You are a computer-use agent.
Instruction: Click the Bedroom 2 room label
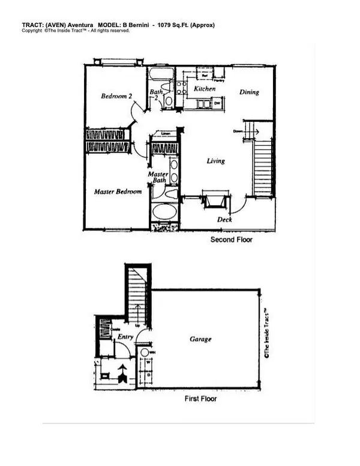pos(116,96)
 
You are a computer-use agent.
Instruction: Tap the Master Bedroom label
pos(118,192)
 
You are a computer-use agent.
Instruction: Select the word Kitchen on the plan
pos(204,89)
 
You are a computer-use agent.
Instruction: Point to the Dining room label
pos(249,92)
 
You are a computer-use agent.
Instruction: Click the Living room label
pos(216,161)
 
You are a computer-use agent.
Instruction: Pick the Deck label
pos(224,220)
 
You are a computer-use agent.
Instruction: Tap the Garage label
pos(200,339)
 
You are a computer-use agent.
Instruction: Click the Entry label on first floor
pos(125,337)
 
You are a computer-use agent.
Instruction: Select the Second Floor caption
pos(231,240)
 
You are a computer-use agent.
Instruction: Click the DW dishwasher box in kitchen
pos(217,103)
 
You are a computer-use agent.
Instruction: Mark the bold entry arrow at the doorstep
pos(124,374)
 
